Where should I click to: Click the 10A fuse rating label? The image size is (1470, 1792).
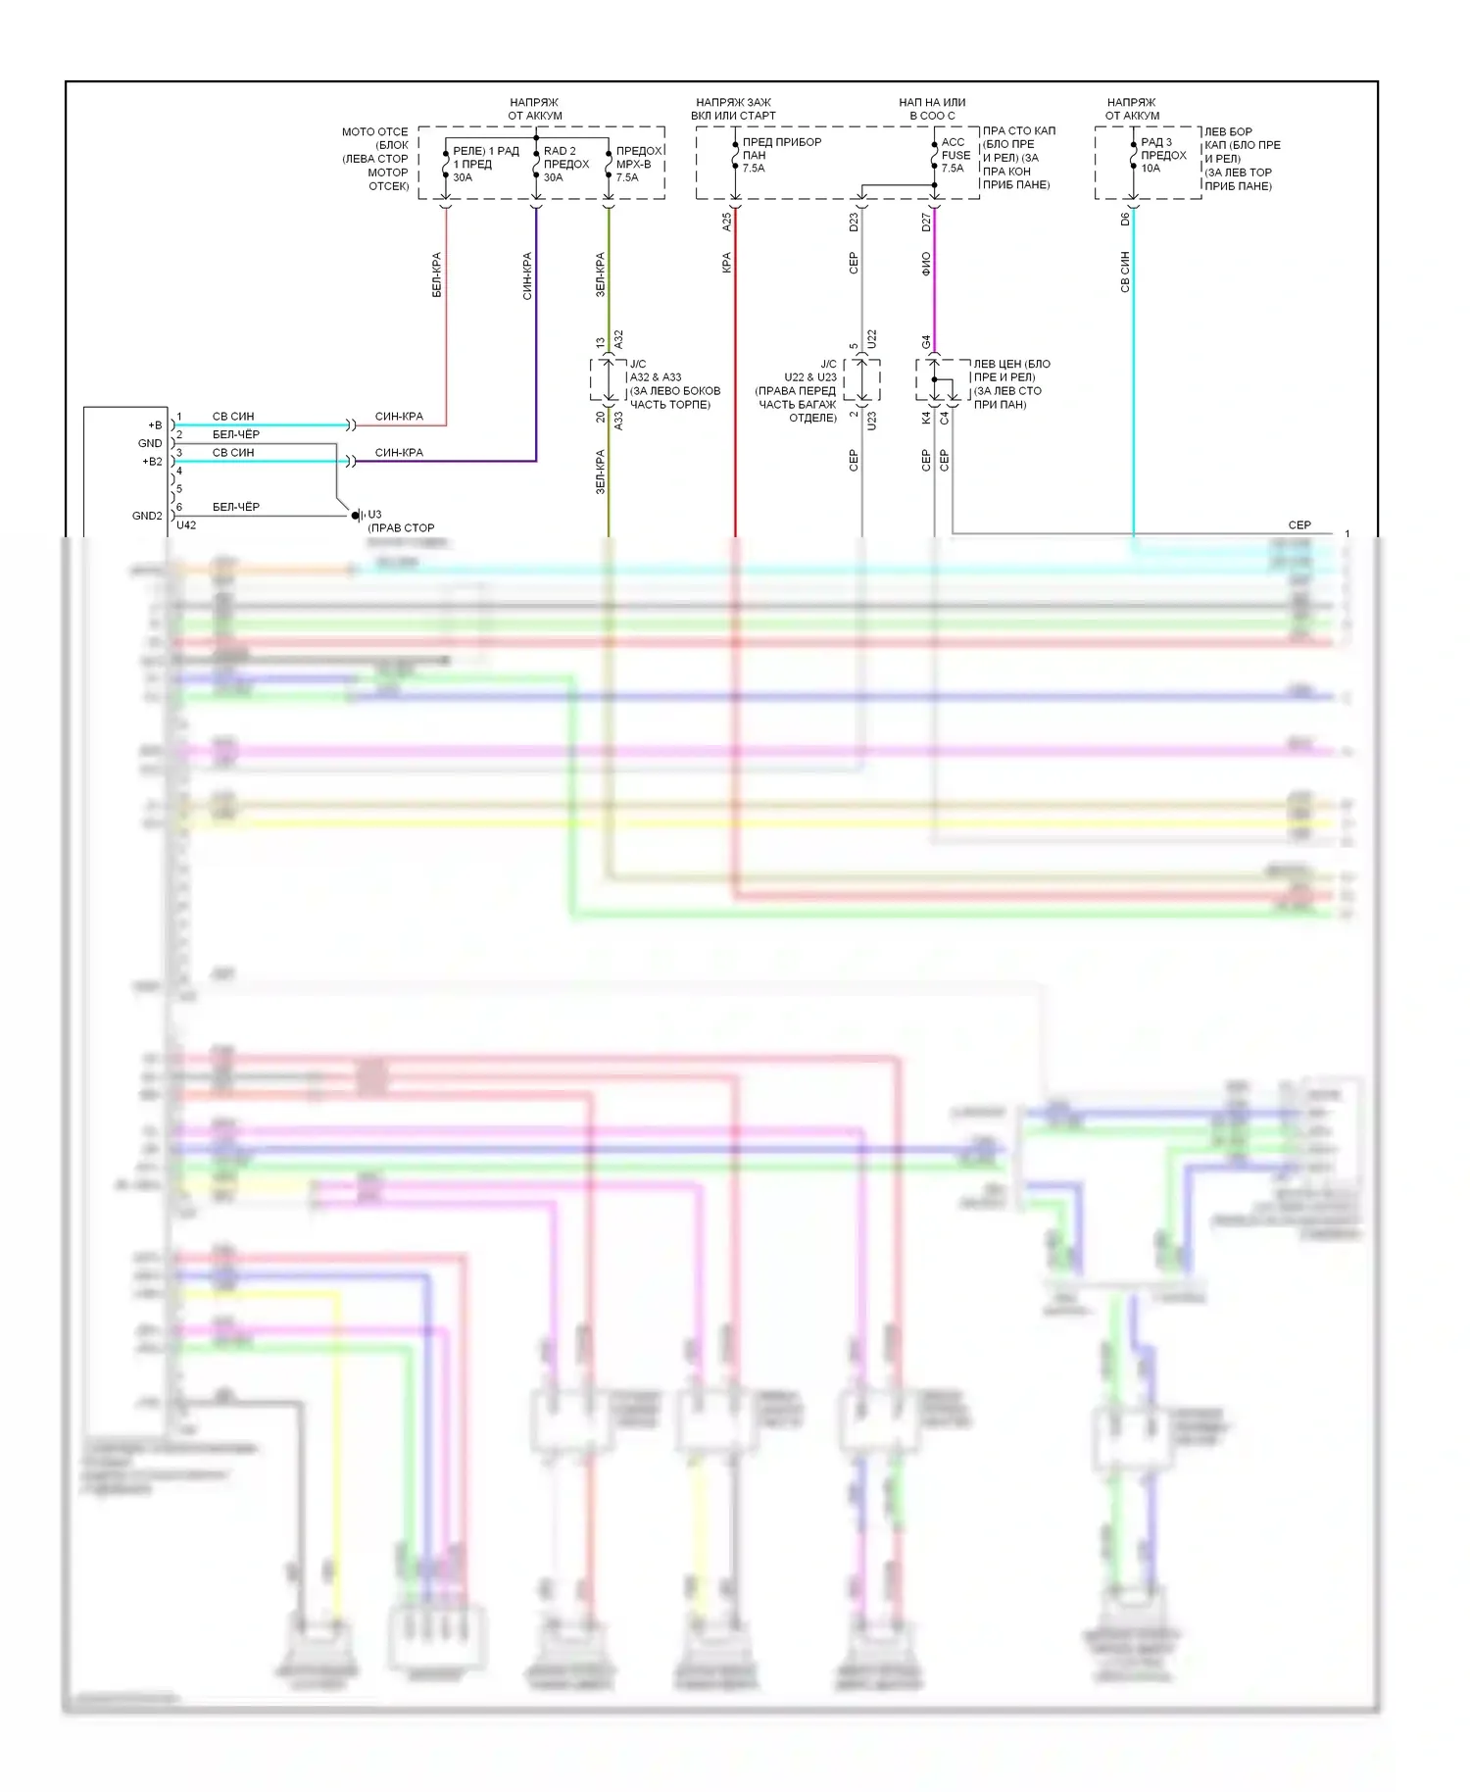coord(1151,169)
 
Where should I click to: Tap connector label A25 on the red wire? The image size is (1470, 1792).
coord(727,222)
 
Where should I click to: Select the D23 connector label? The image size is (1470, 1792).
coord(854,222)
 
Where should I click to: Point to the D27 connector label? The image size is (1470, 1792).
coord(926,222)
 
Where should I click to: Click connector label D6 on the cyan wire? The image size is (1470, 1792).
coord(1125,219)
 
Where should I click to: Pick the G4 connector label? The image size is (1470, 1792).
coord(926,342)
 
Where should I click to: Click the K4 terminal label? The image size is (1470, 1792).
coord(926,418)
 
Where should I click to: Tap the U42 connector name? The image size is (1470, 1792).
coord(186,525)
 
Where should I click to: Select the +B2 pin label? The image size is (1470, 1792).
coord(152,462)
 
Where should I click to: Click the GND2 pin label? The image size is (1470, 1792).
coord(147,516)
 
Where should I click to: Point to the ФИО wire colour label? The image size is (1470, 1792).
coord(926,264)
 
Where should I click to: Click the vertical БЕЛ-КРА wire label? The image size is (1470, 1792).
coord(437,274)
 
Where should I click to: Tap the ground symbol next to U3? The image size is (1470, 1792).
coord(357,515)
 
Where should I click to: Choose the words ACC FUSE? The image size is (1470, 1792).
coord(955,148)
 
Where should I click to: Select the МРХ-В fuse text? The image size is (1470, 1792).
coord(633,164)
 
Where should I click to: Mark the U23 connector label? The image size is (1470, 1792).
coord(871,422)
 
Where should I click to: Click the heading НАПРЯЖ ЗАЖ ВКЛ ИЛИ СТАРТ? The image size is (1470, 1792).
coord(733,109)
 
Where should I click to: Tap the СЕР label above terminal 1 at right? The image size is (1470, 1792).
coord(1299,525)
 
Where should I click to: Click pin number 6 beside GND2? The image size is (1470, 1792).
coord(179,507)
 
